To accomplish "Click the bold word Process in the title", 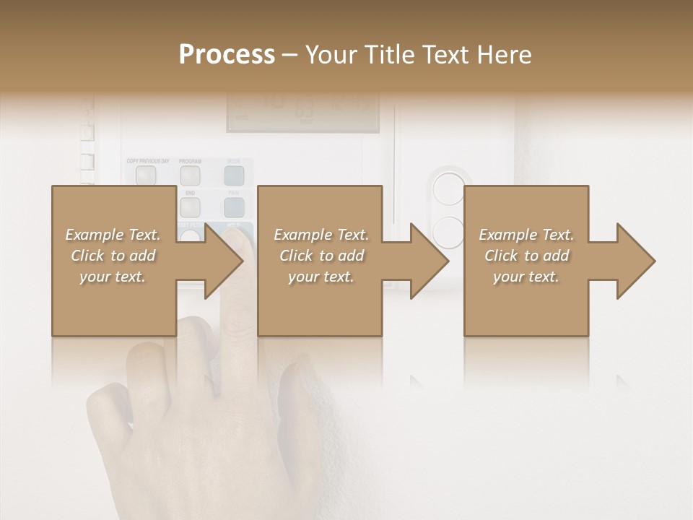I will tap(227, 54).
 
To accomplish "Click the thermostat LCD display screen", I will tap(302, 112).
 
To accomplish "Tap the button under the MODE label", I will tap(233, 175).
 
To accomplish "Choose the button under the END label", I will tap(190, 207).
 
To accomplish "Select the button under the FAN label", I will tap(233, 207).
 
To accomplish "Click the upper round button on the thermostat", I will tap(448, 189).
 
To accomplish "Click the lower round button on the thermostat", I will tap(448, 232).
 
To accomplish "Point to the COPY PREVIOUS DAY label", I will tap(147, 160).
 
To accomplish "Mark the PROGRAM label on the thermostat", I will tap(190, 160).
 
